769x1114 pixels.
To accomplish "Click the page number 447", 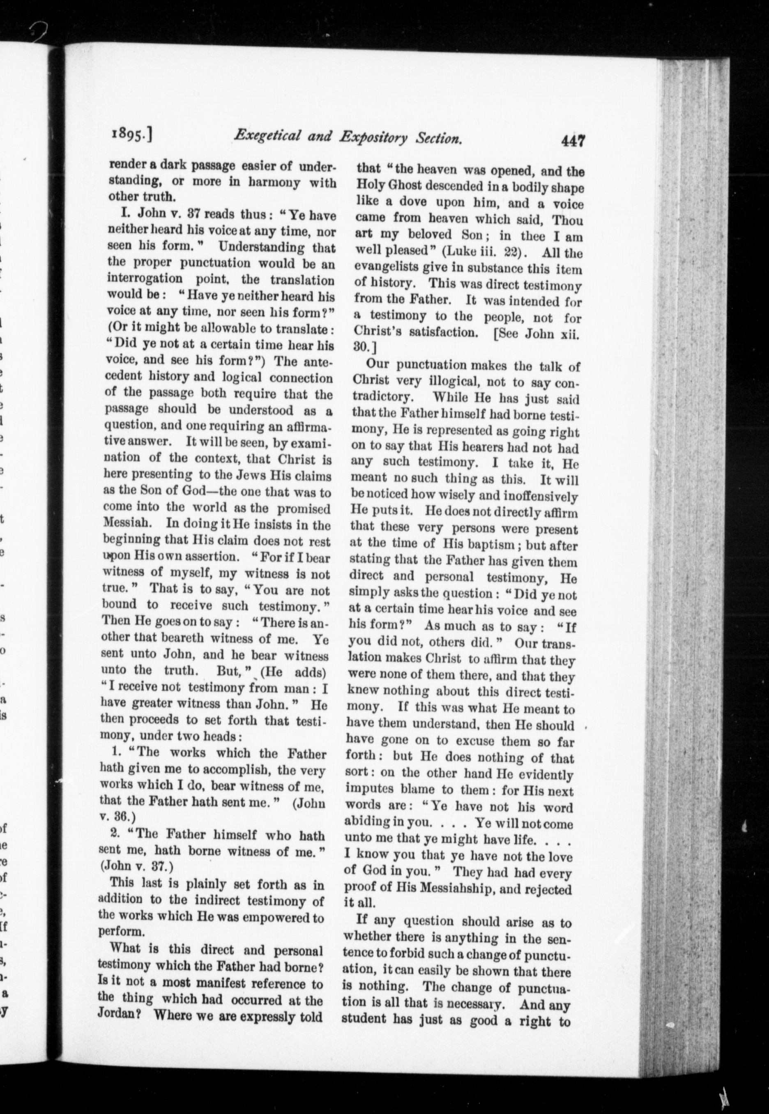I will (572, 141).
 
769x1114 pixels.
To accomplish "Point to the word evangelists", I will (393, 268).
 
